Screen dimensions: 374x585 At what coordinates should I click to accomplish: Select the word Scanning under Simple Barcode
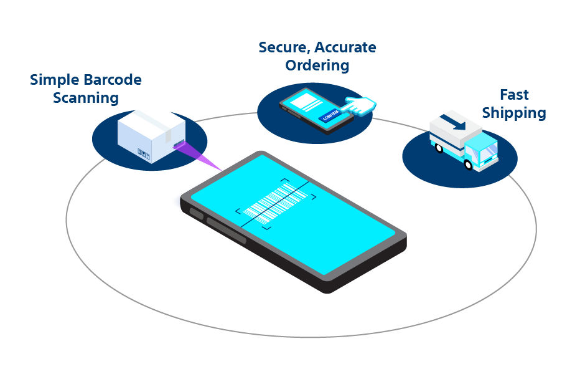click(85, 98)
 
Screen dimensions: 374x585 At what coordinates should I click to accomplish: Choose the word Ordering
click(317, 65)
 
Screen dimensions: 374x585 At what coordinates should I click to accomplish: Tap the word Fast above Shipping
click(514, 95)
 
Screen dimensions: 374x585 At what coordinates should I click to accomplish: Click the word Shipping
click(514, 113)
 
